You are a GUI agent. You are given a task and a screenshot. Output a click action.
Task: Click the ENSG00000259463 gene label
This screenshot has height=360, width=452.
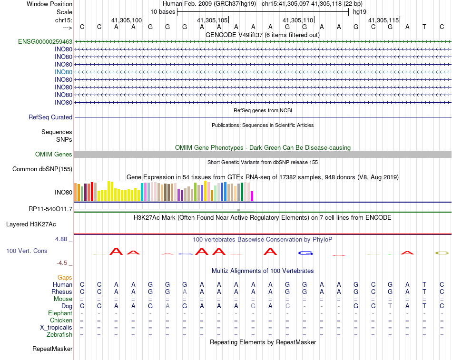(45, 42)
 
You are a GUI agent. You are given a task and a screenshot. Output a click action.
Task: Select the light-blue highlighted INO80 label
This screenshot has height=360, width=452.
(63, 72)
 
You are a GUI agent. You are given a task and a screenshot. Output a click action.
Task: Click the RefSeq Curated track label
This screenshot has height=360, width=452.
(50, 117)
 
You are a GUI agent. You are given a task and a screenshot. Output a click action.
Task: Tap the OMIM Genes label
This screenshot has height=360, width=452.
(54, 155)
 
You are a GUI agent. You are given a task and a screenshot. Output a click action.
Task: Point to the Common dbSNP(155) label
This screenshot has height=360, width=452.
(42, 169)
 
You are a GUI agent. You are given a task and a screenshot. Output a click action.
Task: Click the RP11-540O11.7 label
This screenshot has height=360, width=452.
(50, 209)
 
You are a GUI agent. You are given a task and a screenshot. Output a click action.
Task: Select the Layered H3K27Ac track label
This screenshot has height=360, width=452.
(31, 224)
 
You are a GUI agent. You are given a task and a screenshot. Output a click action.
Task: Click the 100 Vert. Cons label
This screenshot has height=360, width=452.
(27, 251)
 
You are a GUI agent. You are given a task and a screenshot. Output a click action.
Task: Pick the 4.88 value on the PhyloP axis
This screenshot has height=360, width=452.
(61, 239)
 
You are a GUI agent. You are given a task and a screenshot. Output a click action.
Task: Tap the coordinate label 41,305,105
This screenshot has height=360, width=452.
(212, 20)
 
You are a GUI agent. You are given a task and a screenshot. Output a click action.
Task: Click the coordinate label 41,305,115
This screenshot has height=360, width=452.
(383, 20)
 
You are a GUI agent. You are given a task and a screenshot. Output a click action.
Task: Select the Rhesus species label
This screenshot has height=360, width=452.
(62, 292)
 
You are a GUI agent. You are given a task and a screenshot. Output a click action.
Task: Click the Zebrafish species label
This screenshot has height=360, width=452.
(59, 335)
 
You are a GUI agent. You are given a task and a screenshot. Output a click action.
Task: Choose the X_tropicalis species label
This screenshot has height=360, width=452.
(56, 328)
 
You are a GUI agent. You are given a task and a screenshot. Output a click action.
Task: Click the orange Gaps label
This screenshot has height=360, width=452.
(65, 277)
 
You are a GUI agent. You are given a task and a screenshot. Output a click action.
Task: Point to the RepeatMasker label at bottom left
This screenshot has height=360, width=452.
(52, 349)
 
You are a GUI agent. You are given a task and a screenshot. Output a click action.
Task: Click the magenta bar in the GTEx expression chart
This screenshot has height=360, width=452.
(252, 195)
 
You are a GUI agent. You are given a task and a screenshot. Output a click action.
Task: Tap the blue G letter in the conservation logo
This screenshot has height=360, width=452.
(305, 253)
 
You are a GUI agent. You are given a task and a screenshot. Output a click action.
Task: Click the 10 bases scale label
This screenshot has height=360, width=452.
(163, 11)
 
